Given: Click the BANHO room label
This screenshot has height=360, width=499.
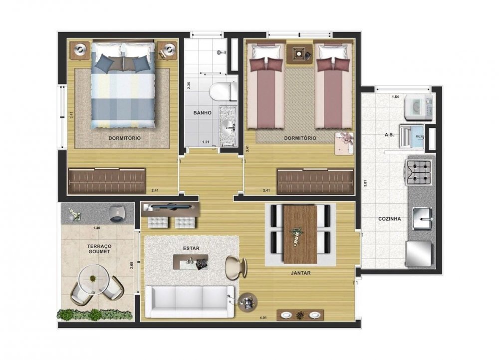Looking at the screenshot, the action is click(203, 113).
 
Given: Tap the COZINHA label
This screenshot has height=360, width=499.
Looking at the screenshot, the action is click(389, 219).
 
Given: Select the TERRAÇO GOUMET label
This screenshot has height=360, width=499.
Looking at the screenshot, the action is click(99, 249).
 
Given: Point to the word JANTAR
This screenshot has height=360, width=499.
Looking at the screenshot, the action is click(300, 273).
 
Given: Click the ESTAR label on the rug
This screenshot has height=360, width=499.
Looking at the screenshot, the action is click(191, 248).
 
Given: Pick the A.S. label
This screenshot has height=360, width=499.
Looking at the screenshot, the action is click(389, 135).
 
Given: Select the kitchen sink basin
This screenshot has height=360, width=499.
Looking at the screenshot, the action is click(423, 218).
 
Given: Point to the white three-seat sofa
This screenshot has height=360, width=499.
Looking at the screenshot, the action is click(190, 302).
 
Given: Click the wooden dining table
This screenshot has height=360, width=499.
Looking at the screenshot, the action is click(300, 234).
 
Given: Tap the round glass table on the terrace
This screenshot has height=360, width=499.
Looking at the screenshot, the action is click(93, 279).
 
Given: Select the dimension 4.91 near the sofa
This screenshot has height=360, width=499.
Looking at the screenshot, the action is click(263, 318).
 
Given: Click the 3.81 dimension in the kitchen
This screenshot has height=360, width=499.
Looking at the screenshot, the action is click(366, 184).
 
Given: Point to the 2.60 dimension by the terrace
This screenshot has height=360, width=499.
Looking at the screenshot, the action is click(132, 266).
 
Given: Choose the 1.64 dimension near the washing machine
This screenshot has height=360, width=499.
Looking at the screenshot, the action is click(395, 97).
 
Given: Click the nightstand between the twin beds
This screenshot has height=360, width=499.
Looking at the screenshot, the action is click(299, 55).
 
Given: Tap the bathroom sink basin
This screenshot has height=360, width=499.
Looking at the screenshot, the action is click(228, 129).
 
